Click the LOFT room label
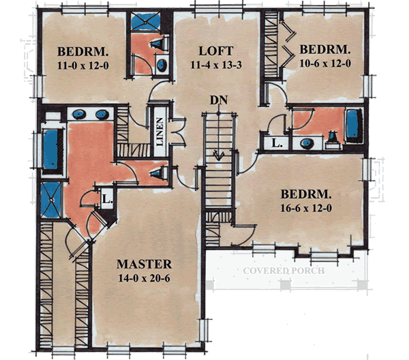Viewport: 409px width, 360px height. tap(216, 51)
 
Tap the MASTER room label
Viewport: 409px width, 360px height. tap(144, 264)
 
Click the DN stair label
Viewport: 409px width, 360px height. tap(218, 100)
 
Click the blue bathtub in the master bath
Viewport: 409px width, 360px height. tap(51, 150)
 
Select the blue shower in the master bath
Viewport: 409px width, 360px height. tap(50, 198)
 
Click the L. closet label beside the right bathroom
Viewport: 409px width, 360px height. tap(275, 144)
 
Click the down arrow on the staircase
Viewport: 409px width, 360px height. tap(219, 155)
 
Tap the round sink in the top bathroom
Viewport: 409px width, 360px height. tap(162, 66)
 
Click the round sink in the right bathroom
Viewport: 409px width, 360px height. tap(307, 143)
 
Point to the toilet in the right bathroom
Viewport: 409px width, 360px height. tap(333, 141)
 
